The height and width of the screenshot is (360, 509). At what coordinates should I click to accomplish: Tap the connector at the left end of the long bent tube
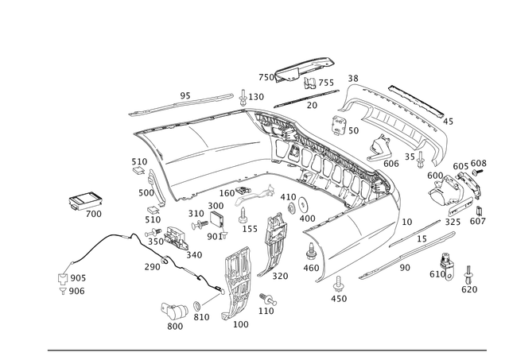62,278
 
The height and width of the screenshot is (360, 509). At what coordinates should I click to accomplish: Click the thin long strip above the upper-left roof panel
182,102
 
